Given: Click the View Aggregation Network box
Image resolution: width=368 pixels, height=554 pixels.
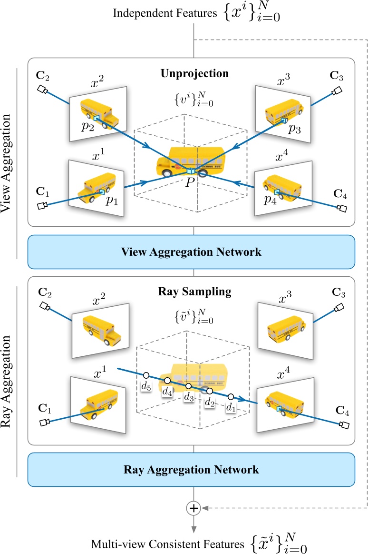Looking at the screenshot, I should coord(192,252).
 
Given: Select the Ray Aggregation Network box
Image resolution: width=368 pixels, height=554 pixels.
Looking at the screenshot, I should coord(192,469).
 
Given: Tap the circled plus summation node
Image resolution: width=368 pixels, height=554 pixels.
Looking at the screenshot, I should coord(193,509).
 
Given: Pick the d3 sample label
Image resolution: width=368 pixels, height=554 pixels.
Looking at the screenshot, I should coord(189,397).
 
